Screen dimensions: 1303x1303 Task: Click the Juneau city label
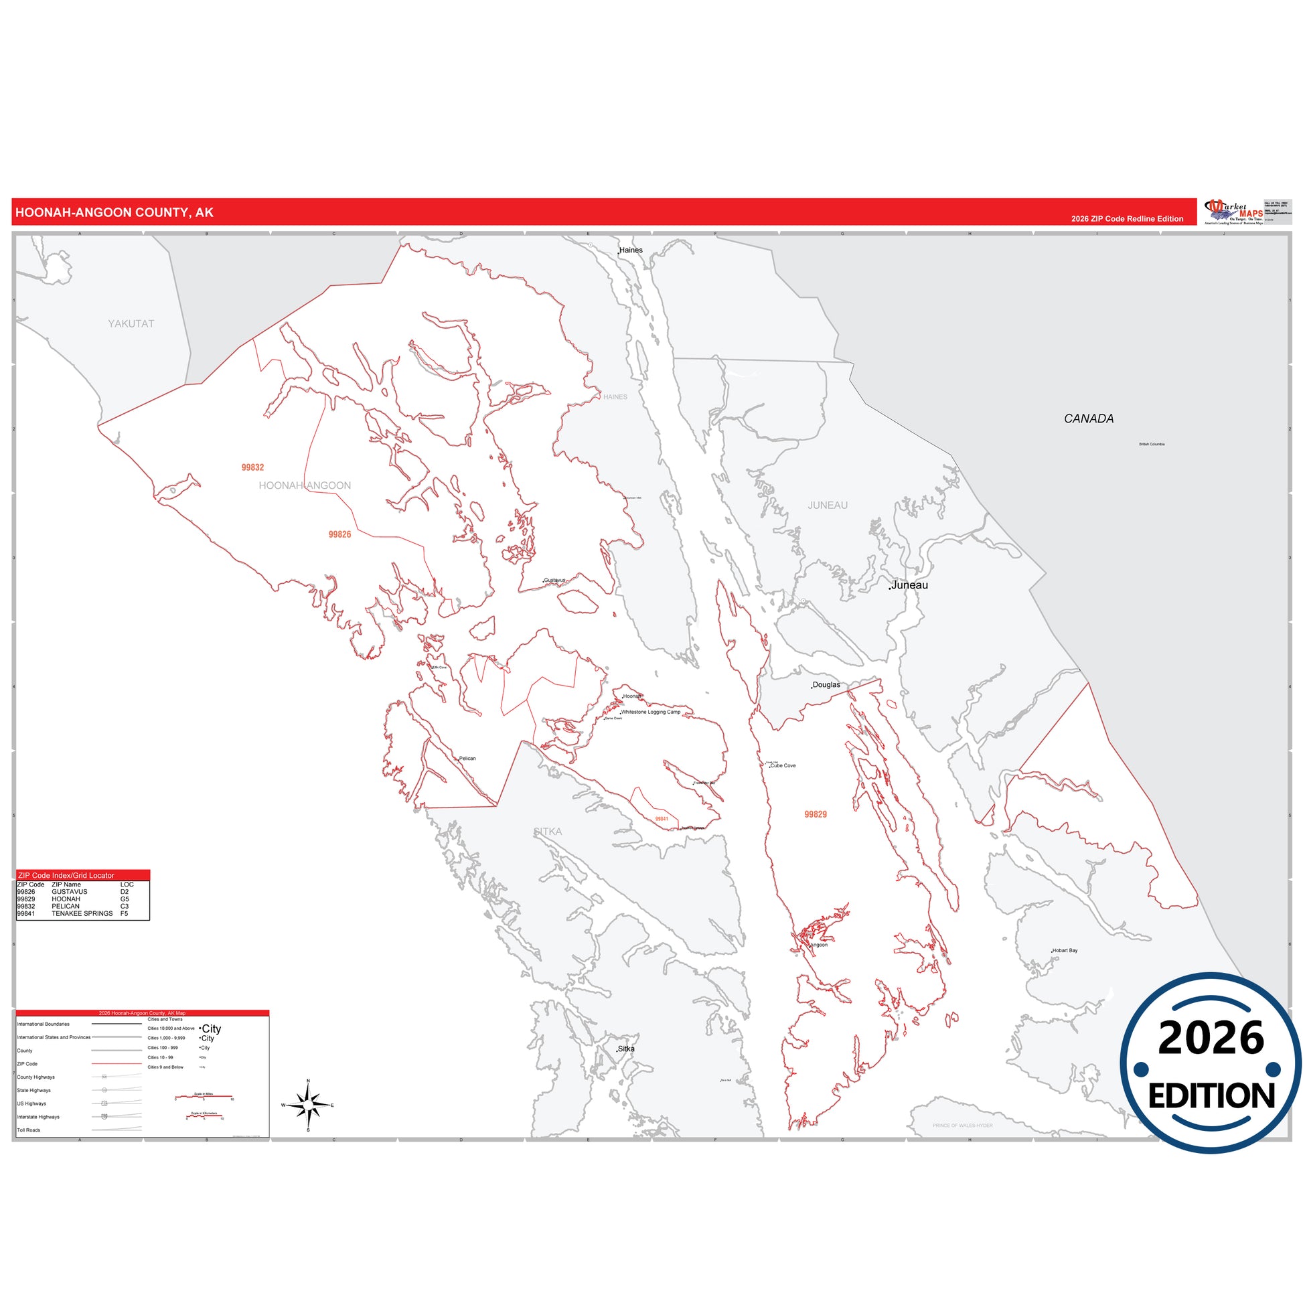[909, 585]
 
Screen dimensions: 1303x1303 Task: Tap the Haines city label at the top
[631, 250]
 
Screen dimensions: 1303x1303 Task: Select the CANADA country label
[1089, 419]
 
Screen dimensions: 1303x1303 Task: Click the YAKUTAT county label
[131, 323]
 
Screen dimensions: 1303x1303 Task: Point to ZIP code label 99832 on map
[253, 467]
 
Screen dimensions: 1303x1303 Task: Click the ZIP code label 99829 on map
[816, 815]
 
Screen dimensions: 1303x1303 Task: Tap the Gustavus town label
[554, 580]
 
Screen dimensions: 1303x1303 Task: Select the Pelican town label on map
[467, 759]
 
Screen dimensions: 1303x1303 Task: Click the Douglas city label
[826, 684]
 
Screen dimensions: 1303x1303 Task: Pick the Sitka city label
[626, 1049]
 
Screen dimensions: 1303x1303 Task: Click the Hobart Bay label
[1065, 950]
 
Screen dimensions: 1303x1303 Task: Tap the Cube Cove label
[783, 765]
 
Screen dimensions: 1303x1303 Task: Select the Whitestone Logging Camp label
[650, 712]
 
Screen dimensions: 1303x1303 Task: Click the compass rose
[308, 1105]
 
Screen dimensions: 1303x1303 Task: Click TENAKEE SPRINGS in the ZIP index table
[82, 913]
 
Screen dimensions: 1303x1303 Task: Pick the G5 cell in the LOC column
[125, 899]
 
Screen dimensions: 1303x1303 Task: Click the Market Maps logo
[1233, 212]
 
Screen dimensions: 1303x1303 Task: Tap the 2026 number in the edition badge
[1211, 1039]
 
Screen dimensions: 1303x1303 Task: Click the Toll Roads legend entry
[29, 1130]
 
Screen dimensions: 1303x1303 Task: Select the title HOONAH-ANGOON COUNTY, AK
[114, 212]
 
